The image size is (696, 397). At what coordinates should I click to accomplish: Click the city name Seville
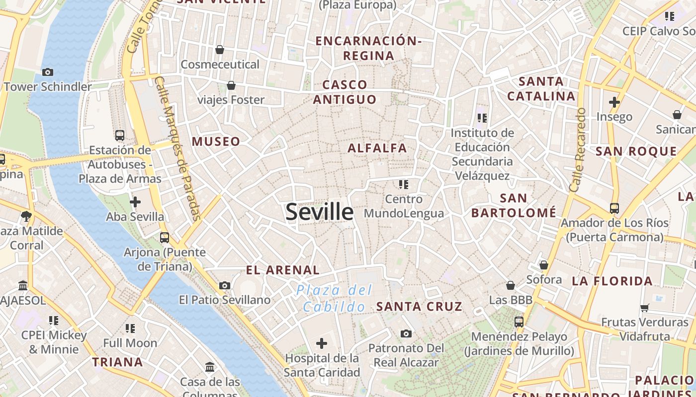[319, 212]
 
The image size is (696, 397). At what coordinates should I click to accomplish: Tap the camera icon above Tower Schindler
[48, 72]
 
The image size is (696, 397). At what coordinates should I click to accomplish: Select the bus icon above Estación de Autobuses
[120, 135]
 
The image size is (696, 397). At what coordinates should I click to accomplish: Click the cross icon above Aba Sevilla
[135, 202]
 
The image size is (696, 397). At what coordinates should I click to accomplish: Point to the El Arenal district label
[283, 270]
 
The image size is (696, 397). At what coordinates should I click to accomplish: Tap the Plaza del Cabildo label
[334, 298]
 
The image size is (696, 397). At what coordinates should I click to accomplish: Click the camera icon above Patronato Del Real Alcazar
[406, 333]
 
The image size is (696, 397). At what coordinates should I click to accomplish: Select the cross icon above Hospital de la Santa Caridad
[322, 343]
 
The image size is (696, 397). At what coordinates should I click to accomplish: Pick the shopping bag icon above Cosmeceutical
[220, 50]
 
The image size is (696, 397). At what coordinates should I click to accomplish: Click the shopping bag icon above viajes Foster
[231, 85]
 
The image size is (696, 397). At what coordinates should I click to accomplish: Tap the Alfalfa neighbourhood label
[377, 148]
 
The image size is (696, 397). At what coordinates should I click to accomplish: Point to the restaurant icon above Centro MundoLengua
[403, 185]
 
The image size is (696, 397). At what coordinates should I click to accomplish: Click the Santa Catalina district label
[541, 88]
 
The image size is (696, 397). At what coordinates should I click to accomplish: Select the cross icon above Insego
[614, 102]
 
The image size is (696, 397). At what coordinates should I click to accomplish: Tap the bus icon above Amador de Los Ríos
[614, 208]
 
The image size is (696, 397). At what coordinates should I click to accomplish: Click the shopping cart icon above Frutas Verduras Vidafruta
[645, 308]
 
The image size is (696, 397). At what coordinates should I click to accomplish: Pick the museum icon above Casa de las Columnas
[210, 367]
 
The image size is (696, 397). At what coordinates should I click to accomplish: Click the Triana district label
[117, 362]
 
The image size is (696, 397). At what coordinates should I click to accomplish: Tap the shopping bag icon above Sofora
[544, 265]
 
